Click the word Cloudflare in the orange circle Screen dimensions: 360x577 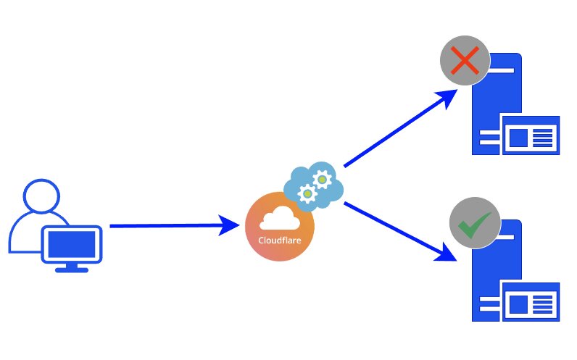point(279,240)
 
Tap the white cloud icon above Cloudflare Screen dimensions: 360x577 point(279,218)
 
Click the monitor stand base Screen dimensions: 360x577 point(72,269)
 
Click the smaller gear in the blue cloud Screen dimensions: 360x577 point(308,193)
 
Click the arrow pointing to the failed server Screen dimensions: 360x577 point(399,129)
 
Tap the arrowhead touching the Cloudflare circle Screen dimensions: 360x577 point(233,226)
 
